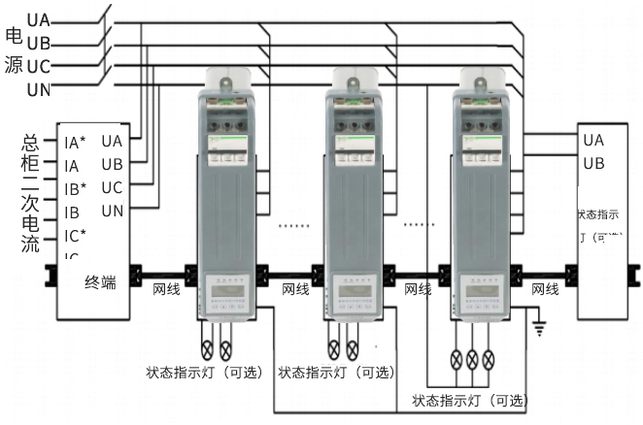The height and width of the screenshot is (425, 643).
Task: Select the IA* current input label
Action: [x=75, y=143]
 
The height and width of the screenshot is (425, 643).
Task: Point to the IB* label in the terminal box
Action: [x=75, y=188]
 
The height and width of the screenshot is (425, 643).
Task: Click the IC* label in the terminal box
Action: [x=75, y=235]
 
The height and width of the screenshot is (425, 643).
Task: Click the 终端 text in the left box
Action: [x=100, y=282]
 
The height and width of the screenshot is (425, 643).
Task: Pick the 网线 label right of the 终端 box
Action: [x=166, y=289]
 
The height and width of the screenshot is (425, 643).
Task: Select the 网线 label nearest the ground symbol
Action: [x=545, y=289]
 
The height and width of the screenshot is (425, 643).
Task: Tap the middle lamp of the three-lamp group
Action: [x=474, y=357]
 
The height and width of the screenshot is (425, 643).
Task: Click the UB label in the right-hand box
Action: [x=593, y=163]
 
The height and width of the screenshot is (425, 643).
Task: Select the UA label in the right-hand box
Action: [x=593, y=140]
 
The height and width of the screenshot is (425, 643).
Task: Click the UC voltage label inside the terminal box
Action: [x=112, y=187]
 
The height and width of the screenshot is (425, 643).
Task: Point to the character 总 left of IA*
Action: [x=30, y=143]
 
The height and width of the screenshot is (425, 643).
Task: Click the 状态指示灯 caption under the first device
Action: [x=206, y=372]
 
